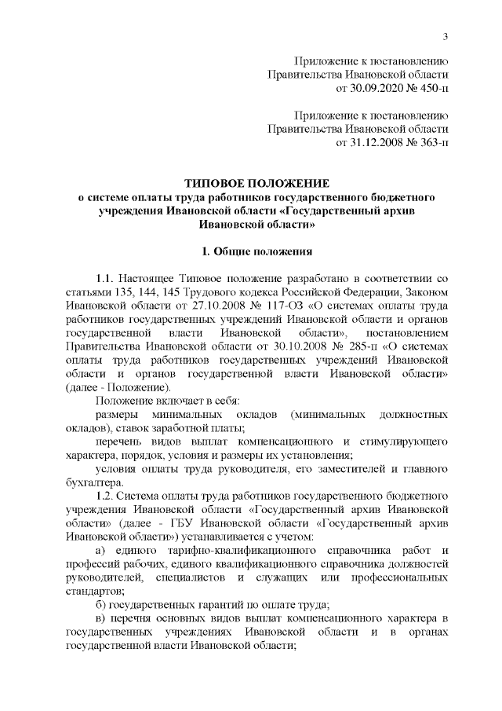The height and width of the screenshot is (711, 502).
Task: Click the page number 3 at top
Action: point(445,36)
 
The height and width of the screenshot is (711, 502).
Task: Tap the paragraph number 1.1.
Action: point(107,279)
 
